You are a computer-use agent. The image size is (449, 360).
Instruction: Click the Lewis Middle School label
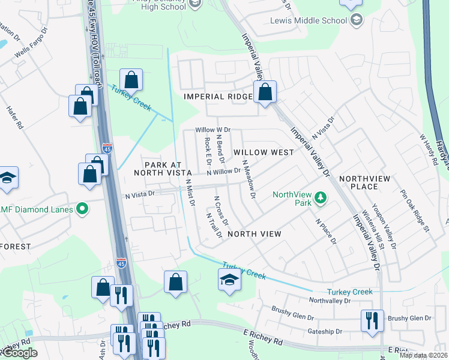coord(309,20)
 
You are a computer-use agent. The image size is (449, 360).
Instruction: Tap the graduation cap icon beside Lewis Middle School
coord(357,20)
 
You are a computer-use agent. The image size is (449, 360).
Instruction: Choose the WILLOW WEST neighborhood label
coord(264,152)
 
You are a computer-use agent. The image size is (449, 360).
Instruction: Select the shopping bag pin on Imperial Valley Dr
coord(265,92)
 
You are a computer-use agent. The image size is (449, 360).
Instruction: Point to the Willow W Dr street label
coord(213,130)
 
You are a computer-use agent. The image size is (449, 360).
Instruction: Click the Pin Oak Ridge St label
coord(416,211)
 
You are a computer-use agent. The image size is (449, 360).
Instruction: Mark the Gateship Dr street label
coord(323,331)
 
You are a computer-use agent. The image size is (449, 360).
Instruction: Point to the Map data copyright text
coord(424,355)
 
